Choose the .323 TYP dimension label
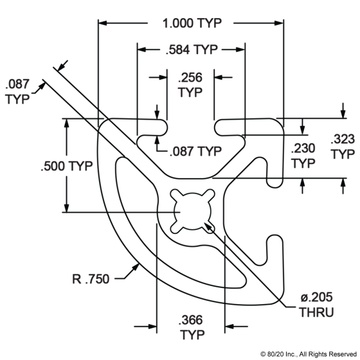coord(341,148)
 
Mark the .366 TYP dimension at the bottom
coord(187,327)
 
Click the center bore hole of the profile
coord(188,211)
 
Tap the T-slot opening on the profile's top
coord(188,127)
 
